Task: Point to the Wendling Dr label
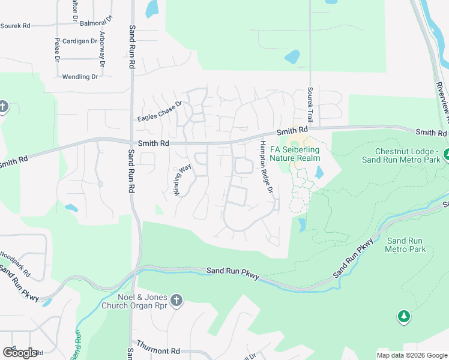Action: [x=80, y=77]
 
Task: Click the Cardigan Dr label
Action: [x=79, y=41]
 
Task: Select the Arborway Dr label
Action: [x=102, y=49]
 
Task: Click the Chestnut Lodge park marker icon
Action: [x=446, y=155]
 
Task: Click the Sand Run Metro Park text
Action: [x=405, y=245]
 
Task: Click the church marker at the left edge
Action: [x=3, y=107]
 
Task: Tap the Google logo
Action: [x=20, y=353]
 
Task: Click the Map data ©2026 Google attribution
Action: [x=412, y=355]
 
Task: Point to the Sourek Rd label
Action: [x=16, y=26]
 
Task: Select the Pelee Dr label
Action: [x=57, y=50]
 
